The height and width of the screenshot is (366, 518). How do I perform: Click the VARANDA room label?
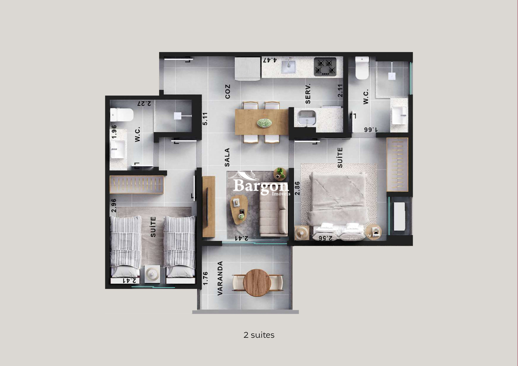220,278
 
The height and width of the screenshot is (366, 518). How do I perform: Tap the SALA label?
227,157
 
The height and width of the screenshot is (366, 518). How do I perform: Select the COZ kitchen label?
228,91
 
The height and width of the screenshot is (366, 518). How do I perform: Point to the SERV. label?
308,94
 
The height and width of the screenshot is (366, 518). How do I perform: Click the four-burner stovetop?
325,66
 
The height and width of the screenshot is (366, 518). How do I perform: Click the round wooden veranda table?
257,283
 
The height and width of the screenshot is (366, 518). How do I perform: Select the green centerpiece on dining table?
264,123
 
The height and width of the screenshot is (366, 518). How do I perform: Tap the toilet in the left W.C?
122,115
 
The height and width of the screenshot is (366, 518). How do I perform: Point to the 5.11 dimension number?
205,119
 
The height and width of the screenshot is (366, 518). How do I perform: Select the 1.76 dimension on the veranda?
205,278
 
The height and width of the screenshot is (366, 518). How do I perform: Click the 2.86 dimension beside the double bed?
297,188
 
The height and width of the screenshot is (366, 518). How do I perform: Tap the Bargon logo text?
260,186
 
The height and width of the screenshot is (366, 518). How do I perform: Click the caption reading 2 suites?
259,335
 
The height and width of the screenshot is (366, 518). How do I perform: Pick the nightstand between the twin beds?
152,274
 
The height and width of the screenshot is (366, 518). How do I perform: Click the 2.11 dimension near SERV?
340,91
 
